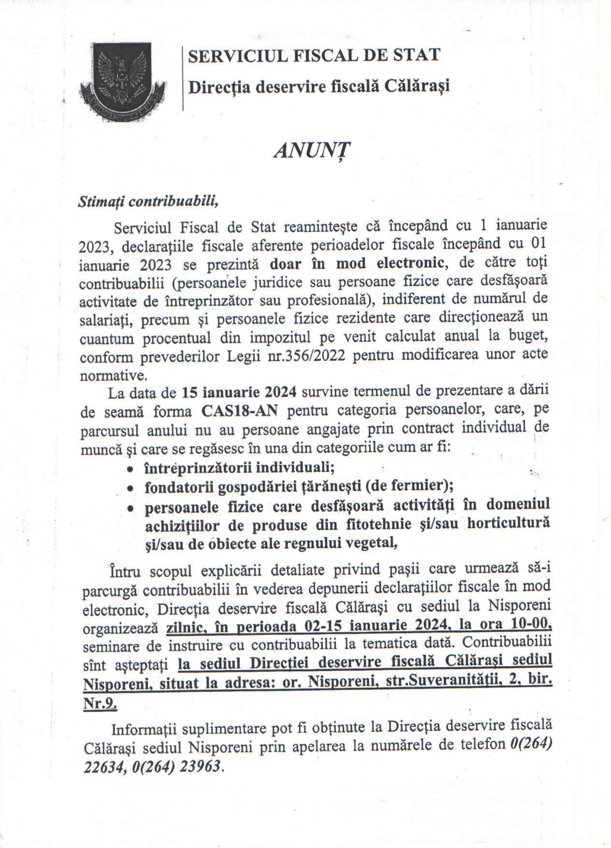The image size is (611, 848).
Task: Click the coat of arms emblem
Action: pos(122,81)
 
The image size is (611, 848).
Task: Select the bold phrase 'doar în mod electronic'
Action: pos(355,264)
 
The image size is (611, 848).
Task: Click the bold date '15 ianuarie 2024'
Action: pos(239,393)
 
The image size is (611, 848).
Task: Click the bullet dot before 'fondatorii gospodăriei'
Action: pos(130,488)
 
